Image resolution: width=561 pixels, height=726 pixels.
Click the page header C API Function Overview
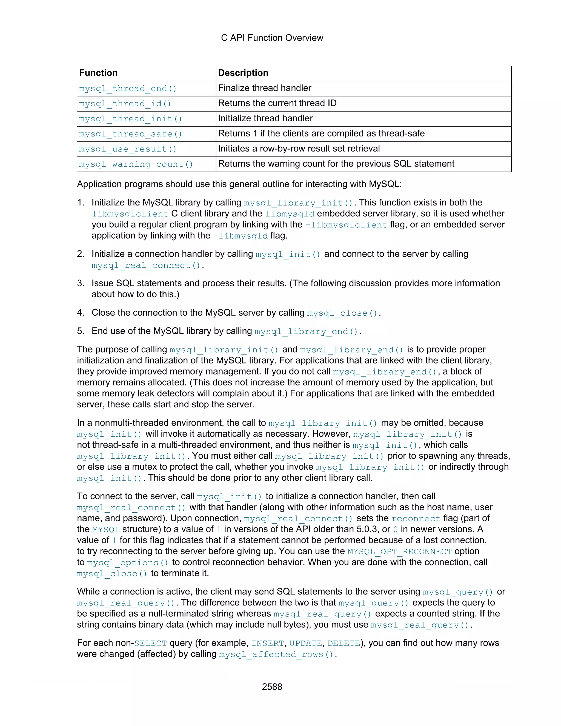272,38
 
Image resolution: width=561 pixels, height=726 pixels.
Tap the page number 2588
272,687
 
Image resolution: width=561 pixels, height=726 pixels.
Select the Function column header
98,73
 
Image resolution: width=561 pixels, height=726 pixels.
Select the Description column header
243,73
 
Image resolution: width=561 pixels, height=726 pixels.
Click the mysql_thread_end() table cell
128,89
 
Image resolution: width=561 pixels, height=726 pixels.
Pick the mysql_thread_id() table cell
125,104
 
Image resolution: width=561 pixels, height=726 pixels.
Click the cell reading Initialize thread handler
265,118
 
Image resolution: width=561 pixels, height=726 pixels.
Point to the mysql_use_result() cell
128,149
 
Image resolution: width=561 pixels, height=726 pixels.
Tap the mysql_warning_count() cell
136,164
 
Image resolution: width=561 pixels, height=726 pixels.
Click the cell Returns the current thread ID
277,103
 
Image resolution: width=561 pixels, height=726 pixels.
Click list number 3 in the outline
81,283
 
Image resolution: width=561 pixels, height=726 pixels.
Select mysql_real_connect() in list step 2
146,265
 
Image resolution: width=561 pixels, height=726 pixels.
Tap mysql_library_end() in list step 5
307,331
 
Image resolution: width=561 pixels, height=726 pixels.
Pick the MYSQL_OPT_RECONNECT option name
399,551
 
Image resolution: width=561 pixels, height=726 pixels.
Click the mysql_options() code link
128,562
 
